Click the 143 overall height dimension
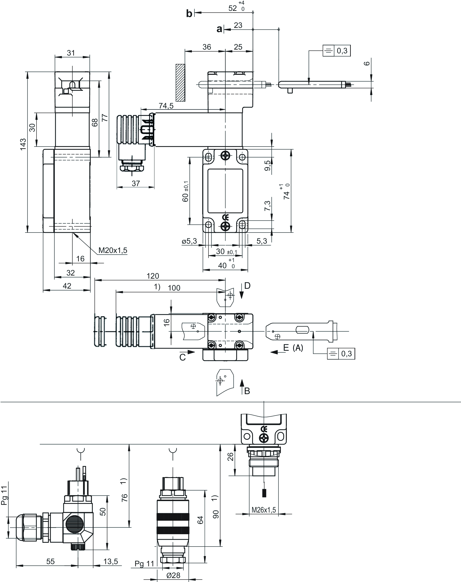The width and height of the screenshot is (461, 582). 23,144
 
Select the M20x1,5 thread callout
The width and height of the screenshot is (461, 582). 113,250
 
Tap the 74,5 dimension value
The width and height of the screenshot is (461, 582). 166,106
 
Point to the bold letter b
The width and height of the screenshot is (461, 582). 189,13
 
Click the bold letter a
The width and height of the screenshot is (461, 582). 219,29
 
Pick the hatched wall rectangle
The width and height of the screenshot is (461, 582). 180,83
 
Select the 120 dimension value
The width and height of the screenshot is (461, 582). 153,276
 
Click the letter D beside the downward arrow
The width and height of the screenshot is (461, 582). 247,285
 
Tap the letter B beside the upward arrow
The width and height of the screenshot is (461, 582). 247,391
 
